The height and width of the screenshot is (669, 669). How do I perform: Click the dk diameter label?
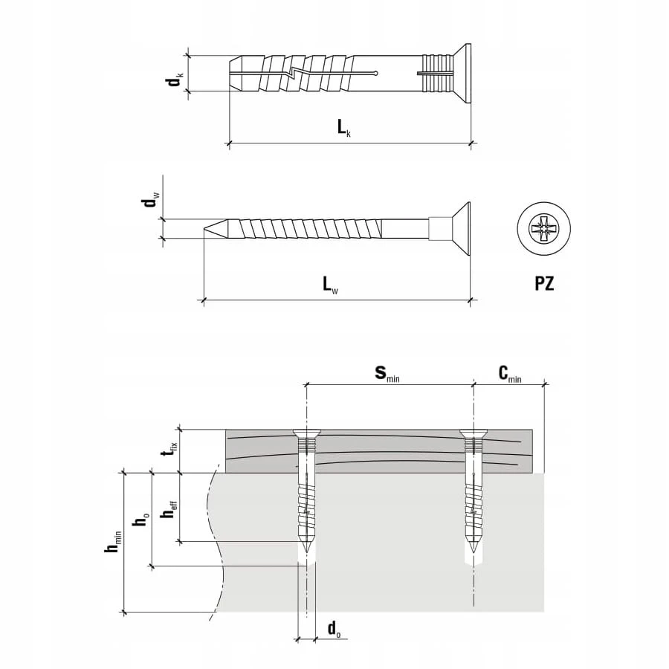(x=175, y=80)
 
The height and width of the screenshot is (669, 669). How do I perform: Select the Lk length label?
(x=344, y=128)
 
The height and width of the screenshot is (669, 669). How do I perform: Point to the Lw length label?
(x=330, y=285)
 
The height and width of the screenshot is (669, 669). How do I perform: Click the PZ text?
(x=544, y=284)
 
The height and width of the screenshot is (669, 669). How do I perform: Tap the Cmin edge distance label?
(x=510, y=374)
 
